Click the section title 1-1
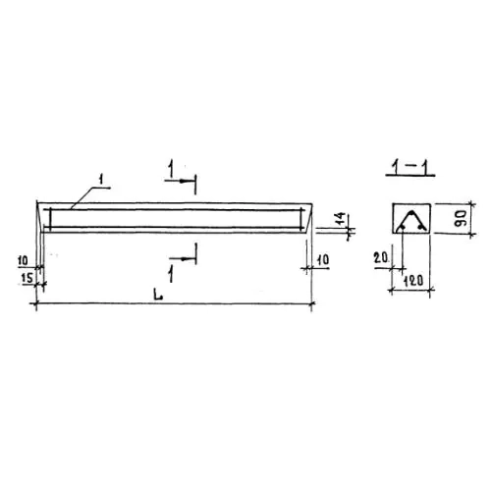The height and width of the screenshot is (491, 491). click(x=410, y=167)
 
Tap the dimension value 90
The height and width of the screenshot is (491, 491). click(x=461, y=219)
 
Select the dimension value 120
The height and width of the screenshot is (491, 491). click(x=413, y=281)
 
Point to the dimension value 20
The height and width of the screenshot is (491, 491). click(x=381, y=258)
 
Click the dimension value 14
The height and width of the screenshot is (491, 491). click(x=341, y=219)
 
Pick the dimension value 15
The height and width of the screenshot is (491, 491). click(x=27, y=278)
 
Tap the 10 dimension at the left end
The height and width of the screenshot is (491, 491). click(x=23, y=261)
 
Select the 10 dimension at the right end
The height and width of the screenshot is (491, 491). click(x=323, y=259)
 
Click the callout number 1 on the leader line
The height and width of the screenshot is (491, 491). click(x=101, y=179)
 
